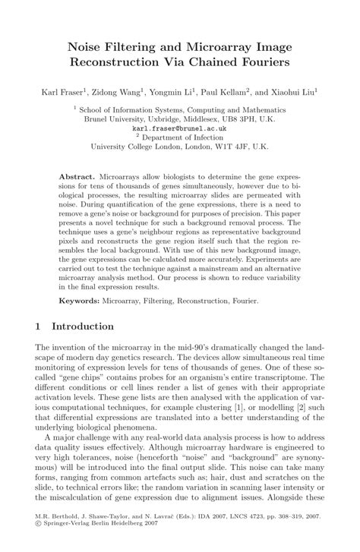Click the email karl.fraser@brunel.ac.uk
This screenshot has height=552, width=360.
[180, 129]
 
